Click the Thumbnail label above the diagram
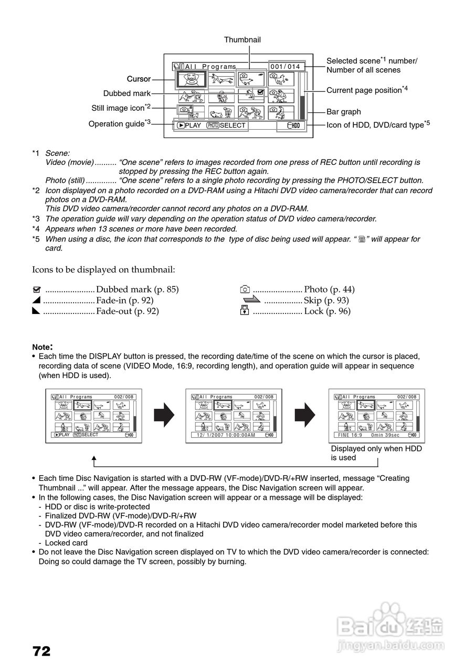242,40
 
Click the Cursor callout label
139,79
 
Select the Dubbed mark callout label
127,93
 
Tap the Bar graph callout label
343,112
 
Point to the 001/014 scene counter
286,67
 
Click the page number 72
41,652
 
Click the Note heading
42,347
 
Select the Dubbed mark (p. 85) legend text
138,289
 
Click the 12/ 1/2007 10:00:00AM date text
226,435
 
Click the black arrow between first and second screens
164,416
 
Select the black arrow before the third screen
305,416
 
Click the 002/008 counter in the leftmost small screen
124,397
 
